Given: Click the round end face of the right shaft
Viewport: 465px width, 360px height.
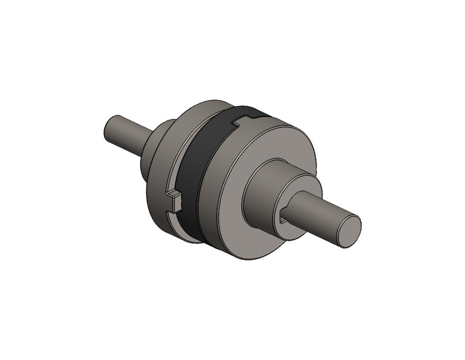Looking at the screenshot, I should (349, 231).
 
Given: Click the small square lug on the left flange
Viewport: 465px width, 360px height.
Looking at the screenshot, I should (175, 199).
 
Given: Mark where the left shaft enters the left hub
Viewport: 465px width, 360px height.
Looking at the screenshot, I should (147, 142).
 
